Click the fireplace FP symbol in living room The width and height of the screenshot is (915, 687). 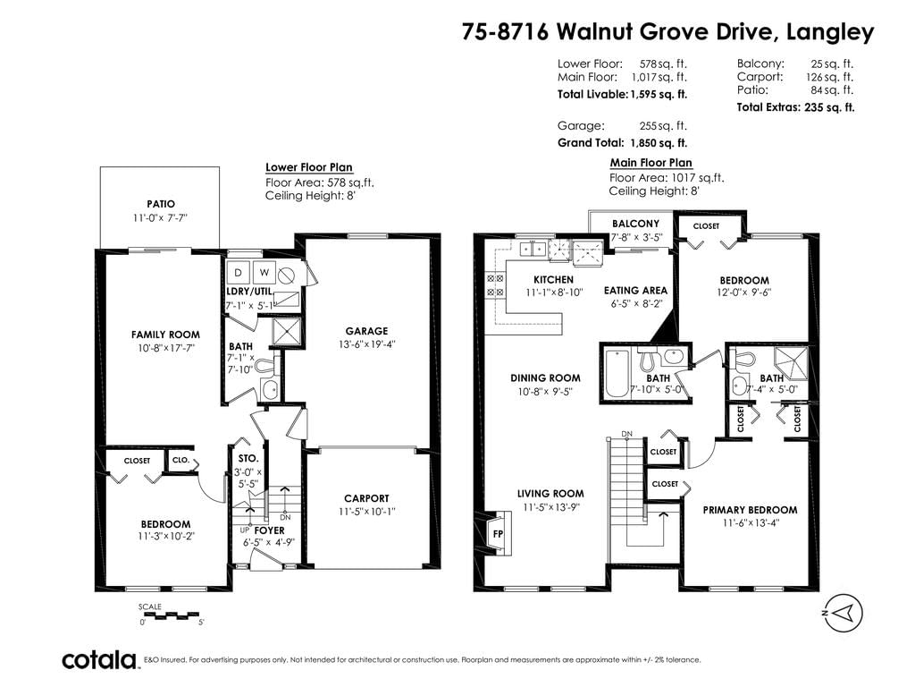(x=499, y=533)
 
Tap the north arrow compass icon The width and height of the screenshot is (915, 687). (x=843, y=613)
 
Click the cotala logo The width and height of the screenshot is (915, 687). (x=99, y=660)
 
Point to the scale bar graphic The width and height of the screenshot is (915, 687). (x=172, y=615)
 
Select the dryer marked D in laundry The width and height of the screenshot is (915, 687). (x=238, y=272)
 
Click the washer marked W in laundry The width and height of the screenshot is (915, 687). (x=264, y=272)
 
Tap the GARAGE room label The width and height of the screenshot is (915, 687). (x=366, y=331)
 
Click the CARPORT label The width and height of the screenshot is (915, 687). (x=366, y=498)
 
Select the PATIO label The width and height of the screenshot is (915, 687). (x=161, y=204)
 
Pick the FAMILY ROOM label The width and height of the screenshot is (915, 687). (x=165, y=335)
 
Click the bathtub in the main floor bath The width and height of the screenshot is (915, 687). (x=617, y=373)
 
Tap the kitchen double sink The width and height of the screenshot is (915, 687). (x=533, y=249)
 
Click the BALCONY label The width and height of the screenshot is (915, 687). (x=635, y=224)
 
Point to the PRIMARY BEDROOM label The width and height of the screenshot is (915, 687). (x=750, y=510)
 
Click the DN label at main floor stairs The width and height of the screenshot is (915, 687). (x=626, y=434)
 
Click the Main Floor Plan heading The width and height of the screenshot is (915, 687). (x=651, y=163)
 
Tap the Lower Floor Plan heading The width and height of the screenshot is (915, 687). (x=308, y=167)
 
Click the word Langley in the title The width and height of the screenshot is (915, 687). (x=830, y=31)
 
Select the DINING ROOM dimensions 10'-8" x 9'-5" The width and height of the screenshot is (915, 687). (x=545, y=392)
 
